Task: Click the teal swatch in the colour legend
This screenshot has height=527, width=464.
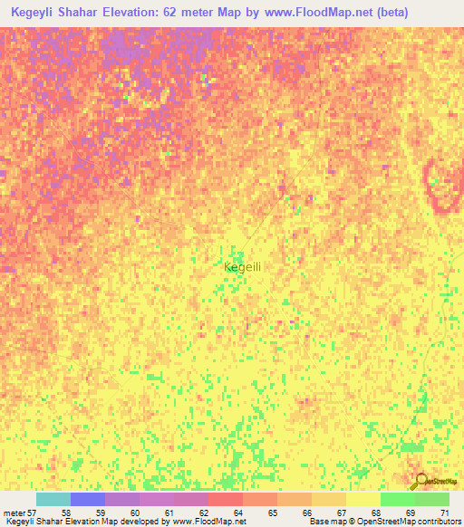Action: (53, 499)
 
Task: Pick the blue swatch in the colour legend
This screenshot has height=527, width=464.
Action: (88, 499)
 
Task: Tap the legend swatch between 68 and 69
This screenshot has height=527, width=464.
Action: (398, 499)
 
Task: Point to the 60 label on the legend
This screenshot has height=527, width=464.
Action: (135, 513)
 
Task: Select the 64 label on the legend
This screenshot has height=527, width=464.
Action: (238, 513)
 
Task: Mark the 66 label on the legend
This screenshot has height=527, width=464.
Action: (307, 513)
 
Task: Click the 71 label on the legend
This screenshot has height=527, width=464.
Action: (444, 513)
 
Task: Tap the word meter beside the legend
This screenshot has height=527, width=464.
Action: (14, 513)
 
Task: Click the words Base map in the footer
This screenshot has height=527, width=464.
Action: (324, 522)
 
